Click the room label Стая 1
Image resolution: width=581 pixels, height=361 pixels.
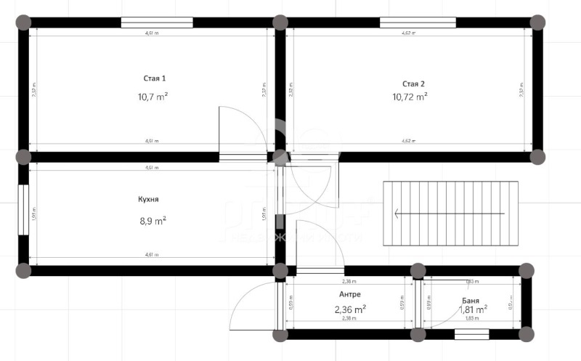click(154, 78)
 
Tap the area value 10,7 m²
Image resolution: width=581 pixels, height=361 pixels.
click(153, 96)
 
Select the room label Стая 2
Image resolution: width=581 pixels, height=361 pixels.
click(414, 84)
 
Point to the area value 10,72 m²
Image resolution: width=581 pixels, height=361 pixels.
click(410, 96)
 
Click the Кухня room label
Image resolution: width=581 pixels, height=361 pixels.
click(148, 199)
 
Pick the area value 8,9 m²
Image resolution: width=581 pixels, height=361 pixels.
click(153, 219)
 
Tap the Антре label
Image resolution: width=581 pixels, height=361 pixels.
click(349, 294)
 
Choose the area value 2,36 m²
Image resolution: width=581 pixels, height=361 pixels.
click(349, 309)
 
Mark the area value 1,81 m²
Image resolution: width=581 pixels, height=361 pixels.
click(472, 309)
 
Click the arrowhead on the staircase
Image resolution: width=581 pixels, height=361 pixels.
click(397, 214)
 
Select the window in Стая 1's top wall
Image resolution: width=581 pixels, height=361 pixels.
click(157, 22)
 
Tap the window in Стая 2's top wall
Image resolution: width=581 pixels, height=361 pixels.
click(418, 22)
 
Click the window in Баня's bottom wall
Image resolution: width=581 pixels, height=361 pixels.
click(472, 335)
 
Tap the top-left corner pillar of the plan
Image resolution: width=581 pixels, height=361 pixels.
click(23, 22)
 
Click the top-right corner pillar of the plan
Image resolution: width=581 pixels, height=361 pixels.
click(538, 22)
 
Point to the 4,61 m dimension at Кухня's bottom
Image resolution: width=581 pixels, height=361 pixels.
click(152, 255)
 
